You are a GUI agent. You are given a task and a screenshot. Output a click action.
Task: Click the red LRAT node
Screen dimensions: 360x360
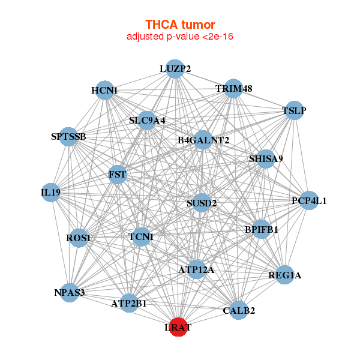click(x=178, y=327)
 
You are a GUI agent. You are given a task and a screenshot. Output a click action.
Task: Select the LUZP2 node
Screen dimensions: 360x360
click(x=175, y=69)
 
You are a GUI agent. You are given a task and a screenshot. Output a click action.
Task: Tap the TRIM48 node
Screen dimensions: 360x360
click(x=233, y=89)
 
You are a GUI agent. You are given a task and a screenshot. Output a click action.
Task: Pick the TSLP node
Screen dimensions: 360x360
click(x=294, y=110)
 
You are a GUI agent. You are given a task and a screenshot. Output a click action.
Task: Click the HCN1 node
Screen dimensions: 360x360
click(x=105, y=91)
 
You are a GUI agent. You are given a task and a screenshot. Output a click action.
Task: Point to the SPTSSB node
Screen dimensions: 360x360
click(x=69, y=137)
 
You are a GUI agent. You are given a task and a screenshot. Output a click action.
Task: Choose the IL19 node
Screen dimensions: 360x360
click(x=50, y=193)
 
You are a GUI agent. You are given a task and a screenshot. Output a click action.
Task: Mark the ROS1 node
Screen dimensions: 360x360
click(x=79, y=238)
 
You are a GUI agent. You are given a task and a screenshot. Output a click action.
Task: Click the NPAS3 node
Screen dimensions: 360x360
click(x=70, y=293)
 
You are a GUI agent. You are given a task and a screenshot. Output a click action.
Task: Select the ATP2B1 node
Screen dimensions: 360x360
click(x=128, y=304)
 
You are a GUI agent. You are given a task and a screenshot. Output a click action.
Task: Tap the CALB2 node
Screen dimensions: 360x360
click(x=239, y=310)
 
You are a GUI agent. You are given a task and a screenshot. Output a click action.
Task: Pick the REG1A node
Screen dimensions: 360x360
click(x=285, y=275)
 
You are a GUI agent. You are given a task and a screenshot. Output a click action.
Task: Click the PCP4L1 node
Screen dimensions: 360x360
click(x=308, y=200)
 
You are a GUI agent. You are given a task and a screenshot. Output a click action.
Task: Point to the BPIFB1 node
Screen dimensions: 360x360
click(x=261, y=229)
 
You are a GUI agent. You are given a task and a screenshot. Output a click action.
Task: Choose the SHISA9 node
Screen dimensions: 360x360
click(x=266, y=158)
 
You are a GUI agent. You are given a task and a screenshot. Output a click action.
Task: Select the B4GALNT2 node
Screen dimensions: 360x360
click(x=203, y=140)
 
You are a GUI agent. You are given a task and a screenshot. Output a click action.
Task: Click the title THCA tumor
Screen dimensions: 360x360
click(x=180, y=25)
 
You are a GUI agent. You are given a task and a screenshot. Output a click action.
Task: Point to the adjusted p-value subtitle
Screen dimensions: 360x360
click(x=180, y=37)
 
